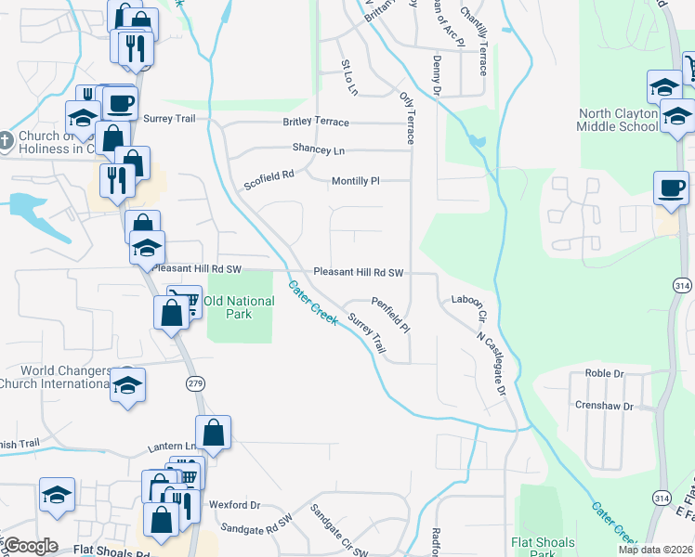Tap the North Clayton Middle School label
point(617,120)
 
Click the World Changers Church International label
point(56,377)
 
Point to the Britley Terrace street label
point(316,123)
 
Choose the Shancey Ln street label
point(318,149)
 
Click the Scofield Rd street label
point(269,179)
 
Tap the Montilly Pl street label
point(357,181)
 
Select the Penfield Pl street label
point(391,316)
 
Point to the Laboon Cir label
point(469,306)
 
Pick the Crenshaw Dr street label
point(603,407)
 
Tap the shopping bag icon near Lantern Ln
point(213,432)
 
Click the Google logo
point(30,546)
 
